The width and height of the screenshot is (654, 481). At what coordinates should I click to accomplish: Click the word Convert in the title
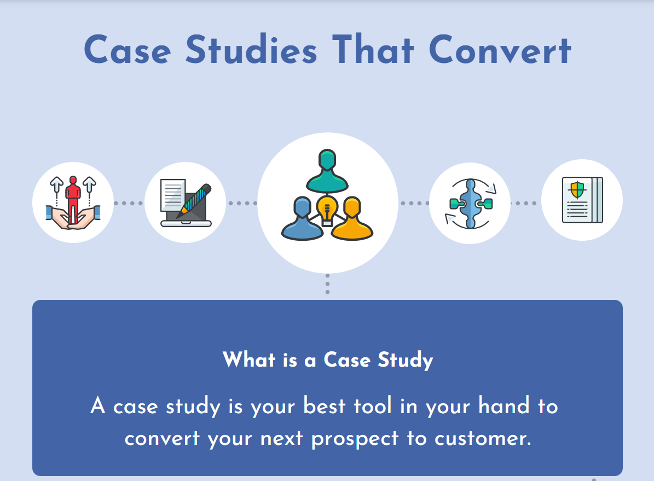pyautogui.click(x=500, y=49)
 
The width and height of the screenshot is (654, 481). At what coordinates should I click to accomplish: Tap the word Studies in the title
pyautogui.click(x=251, y=49)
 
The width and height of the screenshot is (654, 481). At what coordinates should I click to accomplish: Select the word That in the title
pyautogui.click(x=373, y=49)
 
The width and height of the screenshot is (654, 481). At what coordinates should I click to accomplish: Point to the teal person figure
pyautogui.click(x=327, y=171)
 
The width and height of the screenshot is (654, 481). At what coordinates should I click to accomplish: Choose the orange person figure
pyautogui.click(x=352, y=218)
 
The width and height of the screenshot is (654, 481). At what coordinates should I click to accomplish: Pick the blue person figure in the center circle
pyautogui.click(x=302, y=218)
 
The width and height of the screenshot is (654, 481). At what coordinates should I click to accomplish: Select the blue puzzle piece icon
pyautogui.click(x=471, y=204)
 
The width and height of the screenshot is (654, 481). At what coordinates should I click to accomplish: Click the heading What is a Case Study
pyautogui.click(x=328, y=360)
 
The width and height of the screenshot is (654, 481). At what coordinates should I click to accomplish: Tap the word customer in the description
pyautogui.click(x=483, y=438)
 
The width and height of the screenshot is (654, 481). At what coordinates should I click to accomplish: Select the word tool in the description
pyautogui.click(x=373, y=405)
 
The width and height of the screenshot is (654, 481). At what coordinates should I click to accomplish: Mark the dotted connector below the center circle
pyautogui.click(x=327, y=283)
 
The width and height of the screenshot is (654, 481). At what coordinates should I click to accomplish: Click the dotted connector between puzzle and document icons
pyautogui.click(x=526, y=203)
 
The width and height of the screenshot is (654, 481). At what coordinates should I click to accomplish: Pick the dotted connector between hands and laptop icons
pyautogui.click(x=129, y=203)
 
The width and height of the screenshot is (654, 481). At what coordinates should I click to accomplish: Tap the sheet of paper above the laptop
pyautogui.click(x=173, y=194)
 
